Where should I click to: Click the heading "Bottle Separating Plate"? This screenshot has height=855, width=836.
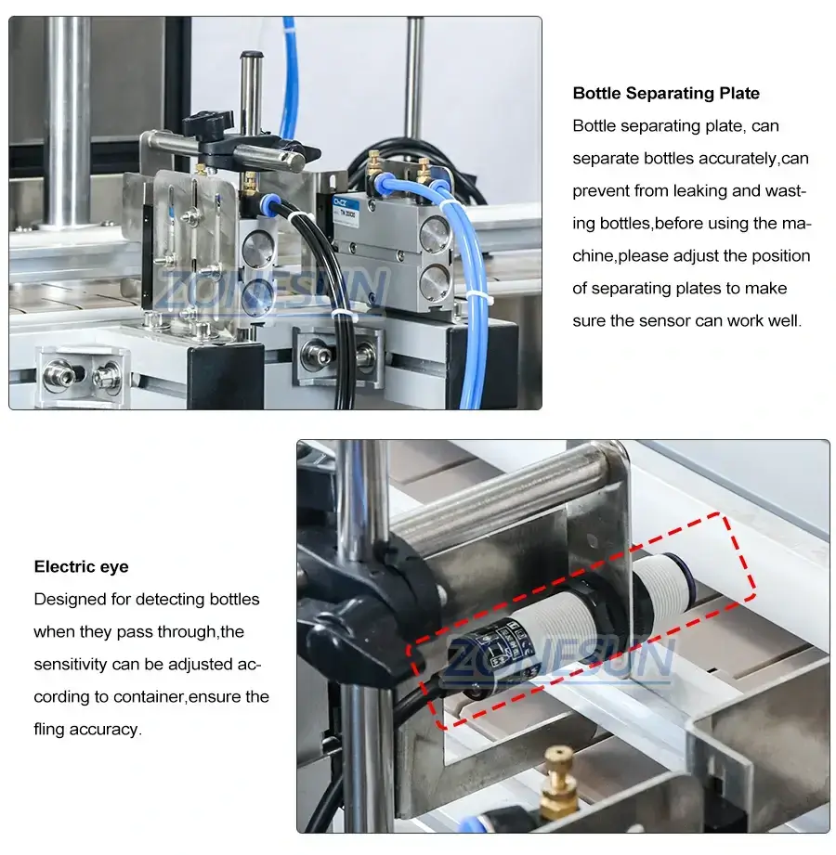tap(666, 93)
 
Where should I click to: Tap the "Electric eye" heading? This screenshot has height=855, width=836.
tap(81, 566)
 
